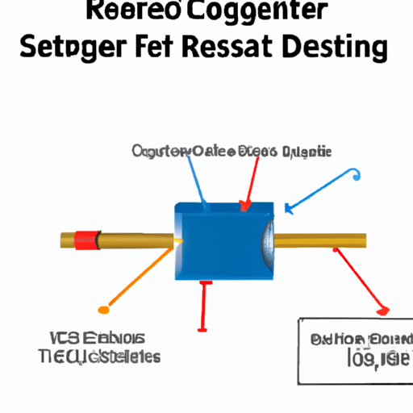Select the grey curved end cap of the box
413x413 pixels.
(268, 240)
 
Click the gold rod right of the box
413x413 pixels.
(323, 240)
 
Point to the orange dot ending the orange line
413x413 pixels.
(102, 309)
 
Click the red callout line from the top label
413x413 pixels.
(249, 181)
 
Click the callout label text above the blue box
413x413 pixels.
(230, 151)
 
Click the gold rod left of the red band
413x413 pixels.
(66, 240)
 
